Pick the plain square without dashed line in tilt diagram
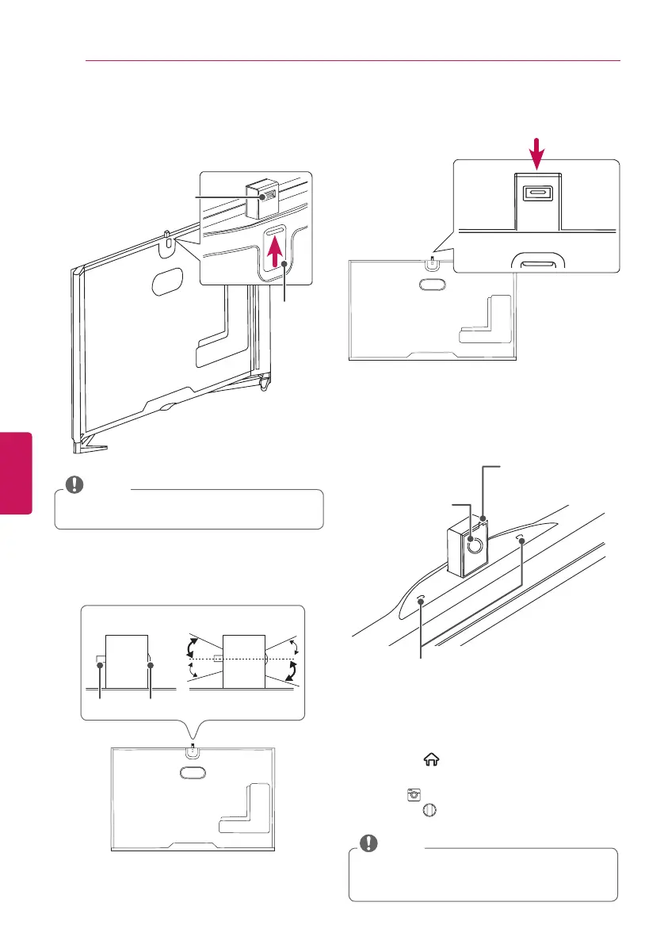pos(126,660)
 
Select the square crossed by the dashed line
pos(243,659)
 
